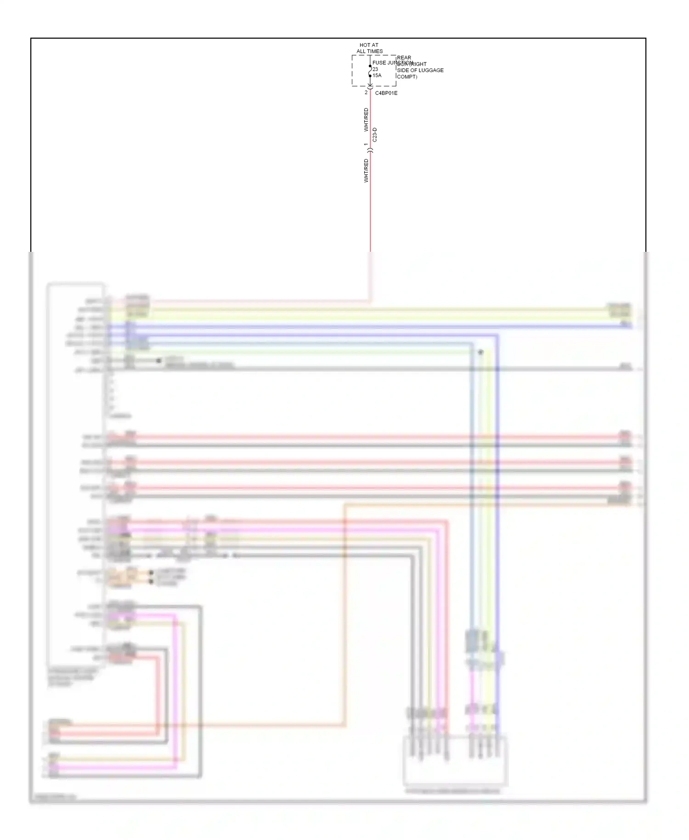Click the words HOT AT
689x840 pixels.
click(x=368, y=45)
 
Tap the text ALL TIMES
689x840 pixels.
click(x=369, y=51)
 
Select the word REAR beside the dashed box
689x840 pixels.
click(x=404, y=58)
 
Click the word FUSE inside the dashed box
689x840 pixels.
click(x=379, y=63)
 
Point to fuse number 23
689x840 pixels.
click(x=375, y=69)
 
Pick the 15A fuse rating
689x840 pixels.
click(x=377, y=75)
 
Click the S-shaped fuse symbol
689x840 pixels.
click(x=370, y=71)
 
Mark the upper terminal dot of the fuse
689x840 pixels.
click(x=370, y=66)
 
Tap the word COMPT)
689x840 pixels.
click(x=407, y=77)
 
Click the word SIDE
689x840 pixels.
click(x=403, y=70)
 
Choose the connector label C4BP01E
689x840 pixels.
click(x=386, y=93)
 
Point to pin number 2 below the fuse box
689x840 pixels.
click(x=366, y=93)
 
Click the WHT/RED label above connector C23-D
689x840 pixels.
click(x=366, y=119)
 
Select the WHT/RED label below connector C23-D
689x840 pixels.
click(x=366, y=170)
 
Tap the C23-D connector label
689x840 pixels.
click(x=375, y=135)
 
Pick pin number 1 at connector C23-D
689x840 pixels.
click(x=366, y=145)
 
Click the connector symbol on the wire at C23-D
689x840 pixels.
click(x=370, y=150)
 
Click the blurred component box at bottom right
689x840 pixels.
click(x=455, y=761)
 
